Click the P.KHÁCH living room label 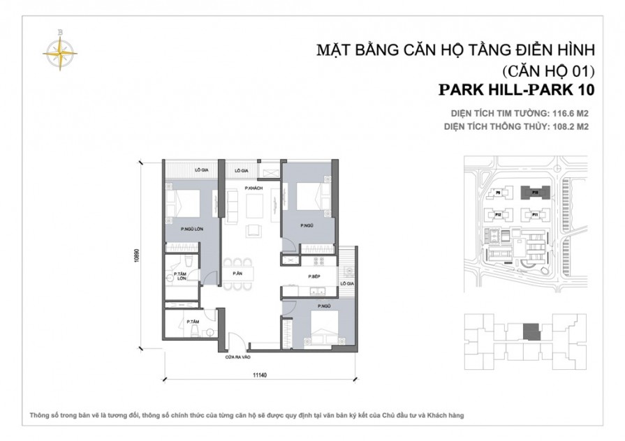coord(252,189)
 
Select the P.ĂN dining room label coord(237,274)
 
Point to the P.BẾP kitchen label coord(314,277)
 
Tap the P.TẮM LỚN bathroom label coord(182,276)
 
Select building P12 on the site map coord(499,214)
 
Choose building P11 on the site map coord(534,215)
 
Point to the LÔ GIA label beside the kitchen coord(346,284)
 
